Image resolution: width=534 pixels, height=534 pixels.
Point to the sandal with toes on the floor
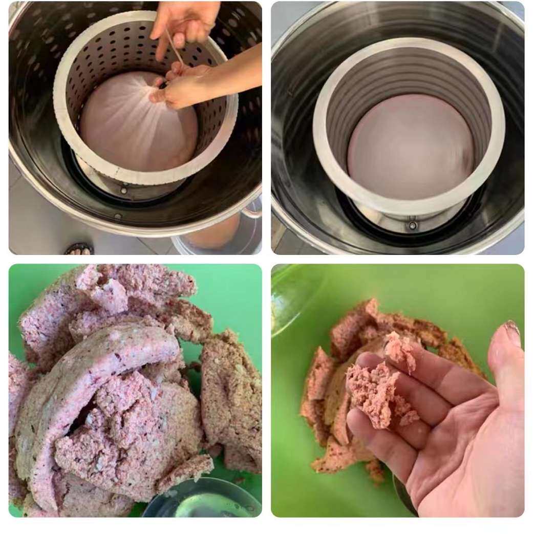pyautogui.click(x=79, y=249)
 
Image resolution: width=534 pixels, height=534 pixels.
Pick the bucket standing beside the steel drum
pyautogui.click(x=215, y=237)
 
